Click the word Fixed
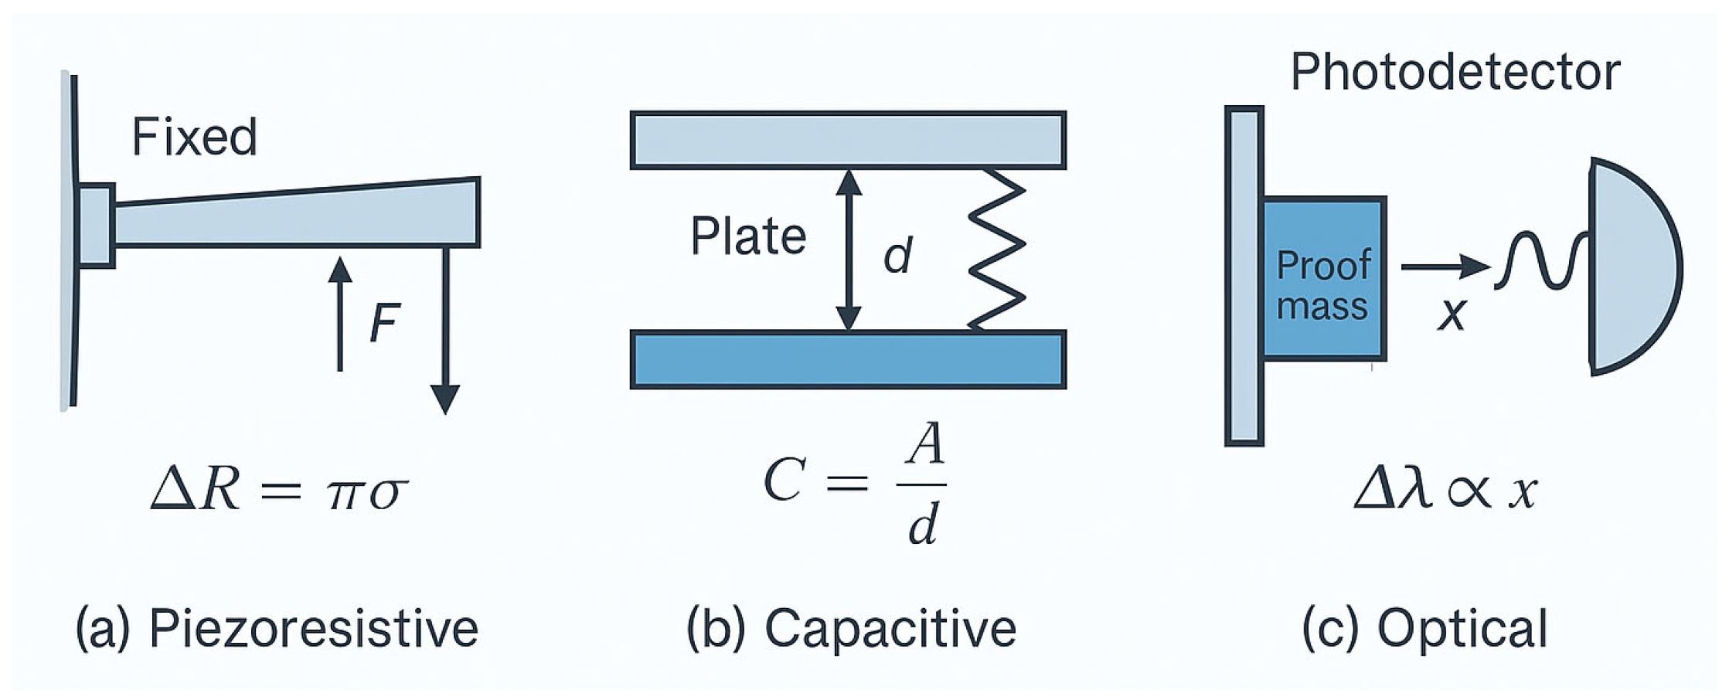point(194,137)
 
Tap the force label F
point(384,323)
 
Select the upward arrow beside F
point(339,313)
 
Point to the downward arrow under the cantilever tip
point(445,332)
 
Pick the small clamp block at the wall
point(96,226)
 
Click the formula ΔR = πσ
point(279,491)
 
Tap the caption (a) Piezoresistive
point(277,628)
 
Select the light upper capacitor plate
point(848,140)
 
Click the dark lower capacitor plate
point(848,359)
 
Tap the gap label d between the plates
point(897,255)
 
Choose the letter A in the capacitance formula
point(924,446)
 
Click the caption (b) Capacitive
point(851,628)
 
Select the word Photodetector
point(1455,73)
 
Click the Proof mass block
point(1323,279)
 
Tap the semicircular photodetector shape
point(1631,267)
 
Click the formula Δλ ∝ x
point(1445,491)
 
